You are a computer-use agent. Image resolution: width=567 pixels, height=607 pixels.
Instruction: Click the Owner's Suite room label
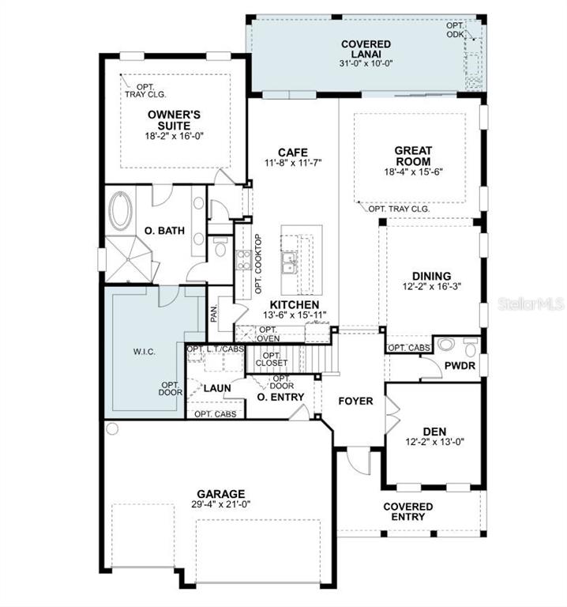[174, 120]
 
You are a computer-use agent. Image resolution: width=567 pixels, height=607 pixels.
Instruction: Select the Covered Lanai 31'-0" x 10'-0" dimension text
[366, 63]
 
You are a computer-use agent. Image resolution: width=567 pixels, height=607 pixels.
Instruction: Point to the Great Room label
[413, 156]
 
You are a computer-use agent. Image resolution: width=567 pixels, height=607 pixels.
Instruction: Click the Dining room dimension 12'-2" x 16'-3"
[432, 286]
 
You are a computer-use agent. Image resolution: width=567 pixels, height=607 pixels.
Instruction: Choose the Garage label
[221, 494]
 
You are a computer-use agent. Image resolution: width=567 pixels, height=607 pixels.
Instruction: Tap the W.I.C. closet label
[145, 352]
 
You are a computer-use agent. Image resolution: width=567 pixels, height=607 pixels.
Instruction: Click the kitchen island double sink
[289, 263]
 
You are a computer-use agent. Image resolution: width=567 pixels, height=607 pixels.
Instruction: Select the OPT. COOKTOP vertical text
[258, 264]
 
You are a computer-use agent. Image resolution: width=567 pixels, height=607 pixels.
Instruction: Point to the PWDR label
[460, 365]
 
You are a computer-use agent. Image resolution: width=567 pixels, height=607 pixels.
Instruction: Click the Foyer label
[355, 401]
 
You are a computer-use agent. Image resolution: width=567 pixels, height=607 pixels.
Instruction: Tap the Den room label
[434, 432]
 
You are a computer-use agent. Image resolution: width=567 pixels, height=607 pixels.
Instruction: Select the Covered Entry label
[408, 511]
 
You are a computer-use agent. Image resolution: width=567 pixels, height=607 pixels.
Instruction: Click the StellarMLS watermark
[531, 303]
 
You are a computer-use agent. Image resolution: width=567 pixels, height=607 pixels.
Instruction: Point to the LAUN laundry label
[217, 388]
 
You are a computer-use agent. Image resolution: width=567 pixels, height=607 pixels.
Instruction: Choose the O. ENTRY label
[280, 397]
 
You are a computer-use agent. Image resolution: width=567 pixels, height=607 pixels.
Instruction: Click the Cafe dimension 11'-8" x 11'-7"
[293, 163]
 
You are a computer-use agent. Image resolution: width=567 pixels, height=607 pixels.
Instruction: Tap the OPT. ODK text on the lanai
[455, 30]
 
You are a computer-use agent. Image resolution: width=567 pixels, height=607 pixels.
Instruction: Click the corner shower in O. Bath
[128, 258]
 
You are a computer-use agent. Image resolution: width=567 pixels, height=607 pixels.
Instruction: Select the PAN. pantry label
[214, 313]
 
